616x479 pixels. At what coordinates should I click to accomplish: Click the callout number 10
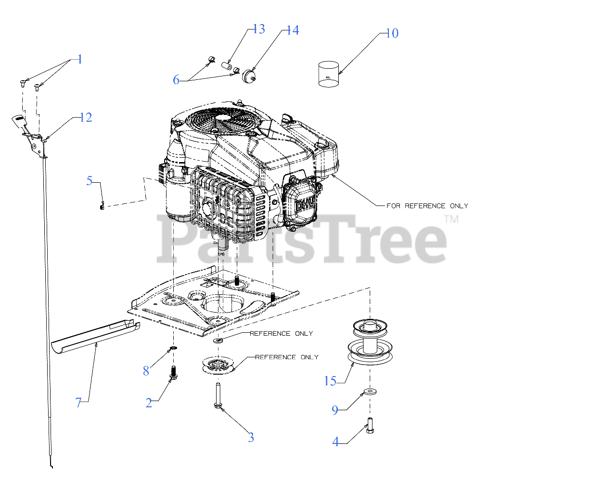(x=392, y=33)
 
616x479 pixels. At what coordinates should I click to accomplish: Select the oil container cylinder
(x=328, y=74)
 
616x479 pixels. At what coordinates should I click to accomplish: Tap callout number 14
(x=293, y=30)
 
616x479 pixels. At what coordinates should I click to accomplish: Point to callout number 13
(x=259, y=29)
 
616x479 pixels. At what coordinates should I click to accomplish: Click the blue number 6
(x=176, y=80)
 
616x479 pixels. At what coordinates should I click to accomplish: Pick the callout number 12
(x=86, y=117)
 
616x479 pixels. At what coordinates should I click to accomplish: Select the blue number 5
(x=90, y=180)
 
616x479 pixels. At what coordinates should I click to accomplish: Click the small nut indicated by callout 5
(x=102, y=208)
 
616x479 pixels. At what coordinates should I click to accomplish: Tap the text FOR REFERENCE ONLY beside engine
(x=427, y=206)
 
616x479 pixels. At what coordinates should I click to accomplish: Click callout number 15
(x=330, y=381)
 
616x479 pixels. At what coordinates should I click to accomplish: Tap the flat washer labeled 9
(x=370, y=392)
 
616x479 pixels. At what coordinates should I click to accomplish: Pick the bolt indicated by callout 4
(x=370, y=426)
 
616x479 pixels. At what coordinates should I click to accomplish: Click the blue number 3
(x=251, y=438)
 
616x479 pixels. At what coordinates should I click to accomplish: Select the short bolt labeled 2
(x=173, y=373)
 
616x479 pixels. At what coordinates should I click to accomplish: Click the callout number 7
(x=78, y=403)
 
